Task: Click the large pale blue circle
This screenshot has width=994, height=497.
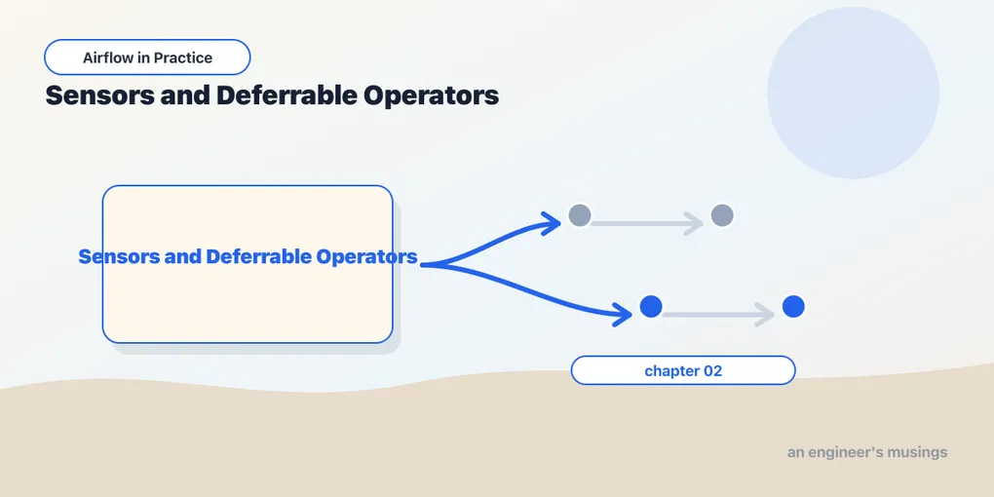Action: [853, 93]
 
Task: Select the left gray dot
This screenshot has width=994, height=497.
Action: [580, 215]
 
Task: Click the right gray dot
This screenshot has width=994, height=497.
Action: [722, 215]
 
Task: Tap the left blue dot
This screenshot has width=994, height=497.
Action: [651, 307]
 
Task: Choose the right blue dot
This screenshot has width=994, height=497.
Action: [793, 307]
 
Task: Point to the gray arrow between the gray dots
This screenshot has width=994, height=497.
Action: [647, 223]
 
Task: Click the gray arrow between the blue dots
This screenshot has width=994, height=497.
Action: [718, 315]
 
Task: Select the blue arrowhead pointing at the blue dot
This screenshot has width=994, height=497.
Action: [623, 314]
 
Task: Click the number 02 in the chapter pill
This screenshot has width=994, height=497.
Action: [712, 371]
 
